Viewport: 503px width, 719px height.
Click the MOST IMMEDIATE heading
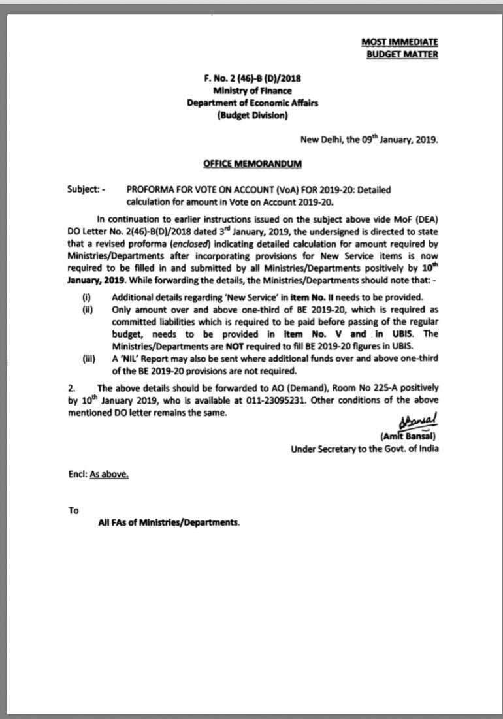pos(400,42)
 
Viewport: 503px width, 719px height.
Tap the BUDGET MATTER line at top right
pos(402,54)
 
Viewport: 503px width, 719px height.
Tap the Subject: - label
pos(86,190)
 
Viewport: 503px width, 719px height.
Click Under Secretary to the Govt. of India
pos(365,449)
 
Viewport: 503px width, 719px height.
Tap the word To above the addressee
pos(73,510)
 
